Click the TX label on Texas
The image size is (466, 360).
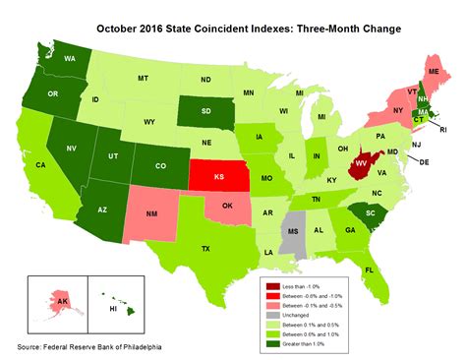tap(207, 248)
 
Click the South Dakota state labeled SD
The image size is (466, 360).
tap(206, 110)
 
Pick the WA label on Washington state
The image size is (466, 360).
tap(70, 59)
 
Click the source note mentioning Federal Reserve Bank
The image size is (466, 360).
tap(89, 347)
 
